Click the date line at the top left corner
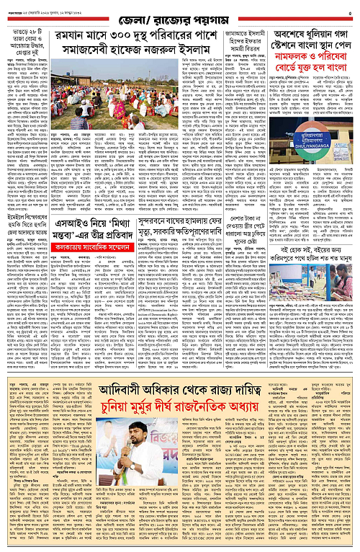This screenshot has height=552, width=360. [32, 6]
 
